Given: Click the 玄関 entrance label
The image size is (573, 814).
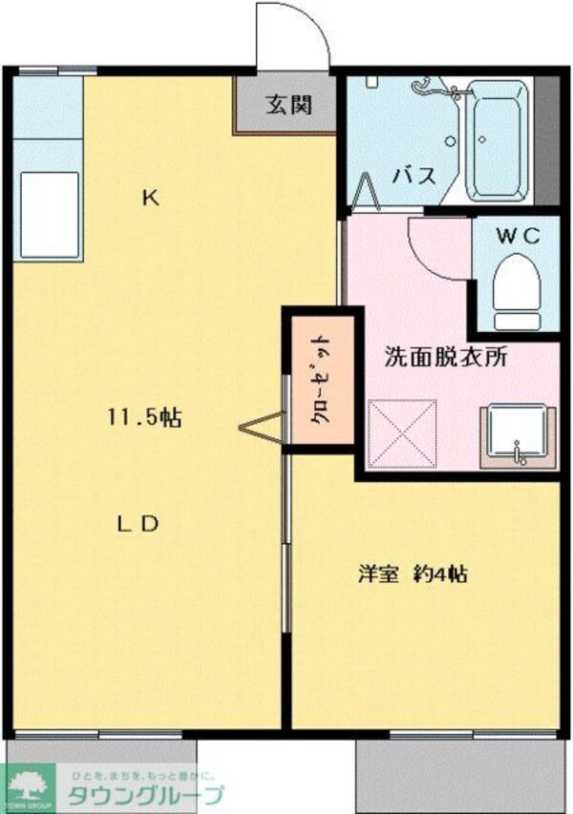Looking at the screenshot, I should pyautogui.click(x=288, y=106).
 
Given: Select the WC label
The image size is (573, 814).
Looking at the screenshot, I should pyautogui.click(x=517, y=235).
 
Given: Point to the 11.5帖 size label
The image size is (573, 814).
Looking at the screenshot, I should pyautogui.click(x=144, y=418).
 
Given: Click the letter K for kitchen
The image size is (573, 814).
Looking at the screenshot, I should pyautogui.click(x=150, y=198).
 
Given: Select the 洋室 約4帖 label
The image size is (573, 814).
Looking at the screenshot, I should pyautogui.click(x=413, y=574).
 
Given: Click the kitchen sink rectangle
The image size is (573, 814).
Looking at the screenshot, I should pyautogui.click(x=48, y=214).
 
